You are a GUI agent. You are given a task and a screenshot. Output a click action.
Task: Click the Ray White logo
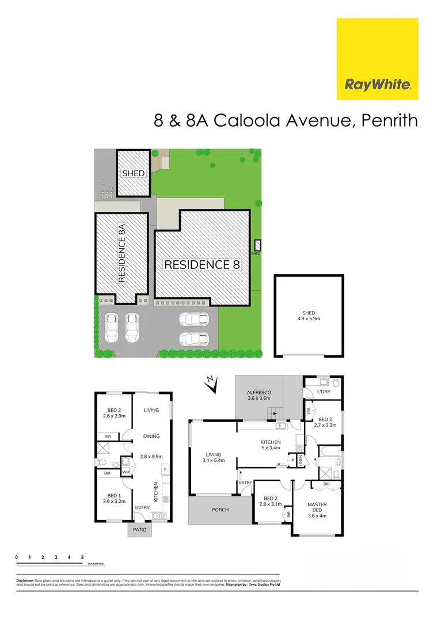377,59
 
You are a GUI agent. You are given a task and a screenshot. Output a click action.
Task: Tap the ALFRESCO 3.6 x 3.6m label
259,396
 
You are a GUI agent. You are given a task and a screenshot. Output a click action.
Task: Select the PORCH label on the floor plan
220,510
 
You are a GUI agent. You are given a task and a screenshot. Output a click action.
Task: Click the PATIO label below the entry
140,529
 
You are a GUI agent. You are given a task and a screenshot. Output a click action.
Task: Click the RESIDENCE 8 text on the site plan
202,264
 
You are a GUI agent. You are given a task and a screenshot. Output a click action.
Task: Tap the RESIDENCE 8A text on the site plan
121,253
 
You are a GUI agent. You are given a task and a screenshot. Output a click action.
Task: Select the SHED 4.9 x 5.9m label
308,316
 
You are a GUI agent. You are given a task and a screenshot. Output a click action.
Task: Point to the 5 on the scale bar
83,558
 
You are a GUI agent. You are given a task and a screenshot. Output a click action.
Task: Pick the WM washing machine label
126,473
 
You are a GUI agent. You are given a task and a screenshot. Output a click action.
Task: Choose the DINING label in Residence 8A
151,437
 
